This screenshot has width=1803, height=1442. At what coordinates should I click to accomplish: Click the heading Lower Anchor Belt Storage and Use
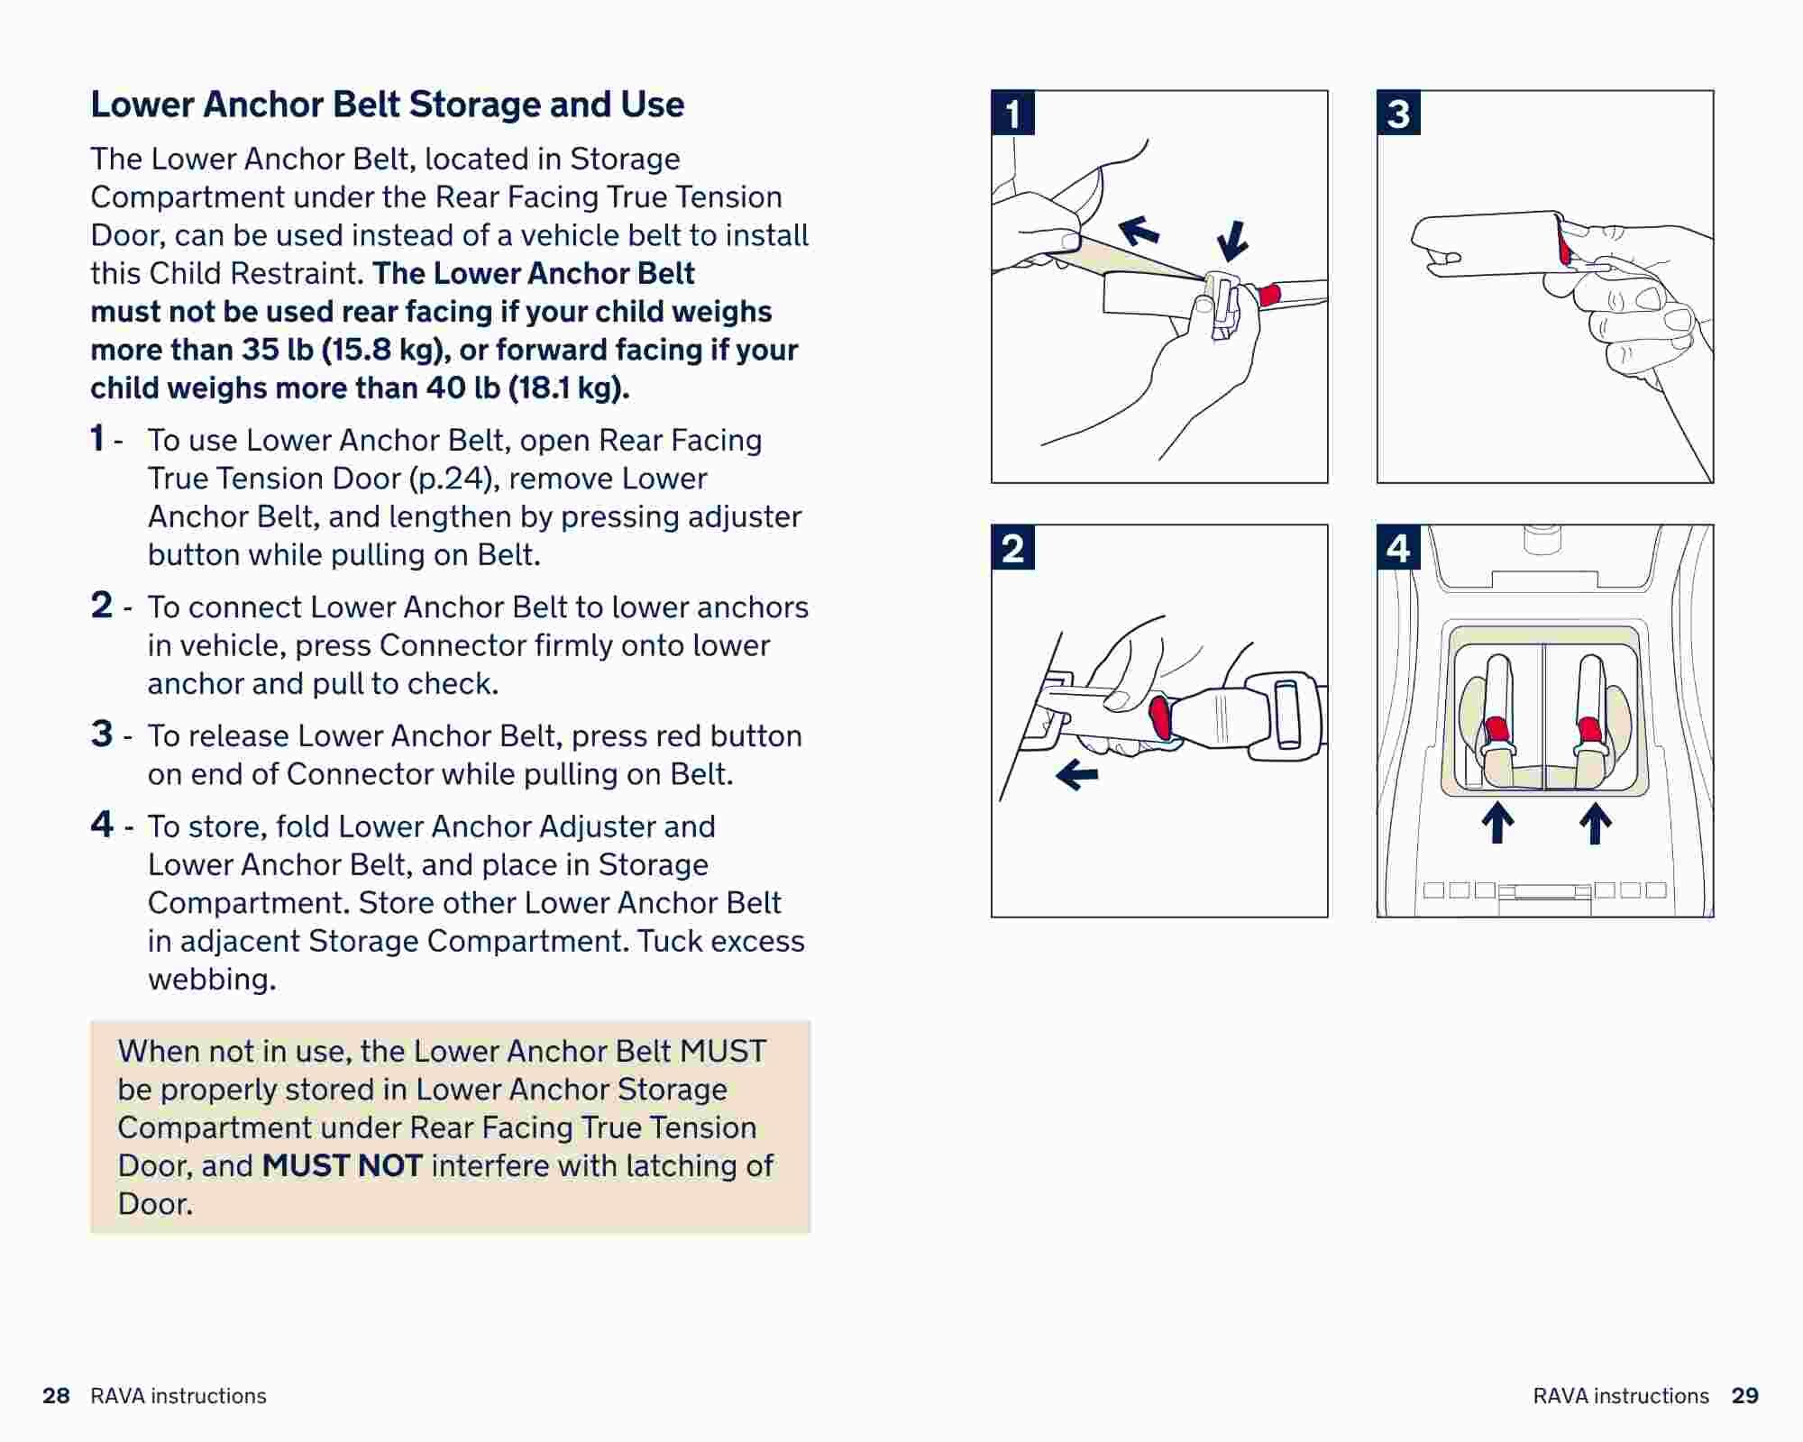(387, 105)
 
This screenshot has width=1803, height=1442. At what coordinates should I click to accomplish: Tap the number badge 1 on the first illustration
(1012, 114)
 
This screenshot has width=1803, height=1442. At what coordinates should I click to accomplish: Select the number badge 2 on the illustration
(1012, 548)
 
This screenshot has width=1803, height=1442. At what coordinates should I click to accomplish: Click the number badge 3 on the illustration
(1398, 114)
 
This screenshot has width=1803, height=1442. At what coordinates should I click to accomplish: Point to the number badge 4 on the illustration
(1398, 548)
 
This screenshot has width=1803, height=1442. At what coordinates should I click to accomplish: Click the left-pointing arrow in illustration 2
(1076, 773)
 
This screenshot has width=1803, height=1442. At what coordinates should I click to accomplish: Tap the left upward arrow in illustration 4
(1497, 823)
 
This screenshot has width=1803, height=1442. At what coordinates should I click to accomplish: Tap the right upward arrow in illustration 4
(1595, 823)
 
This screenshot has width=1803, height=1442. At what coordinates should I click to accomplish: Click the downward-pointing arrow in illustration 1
(1231, 241)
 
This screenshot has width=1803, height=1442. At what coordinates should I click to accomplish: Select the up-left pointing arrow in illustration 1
(1139, 230)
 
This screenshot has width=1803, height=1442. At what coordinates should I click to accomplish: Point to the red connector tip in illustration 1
(1269, 294)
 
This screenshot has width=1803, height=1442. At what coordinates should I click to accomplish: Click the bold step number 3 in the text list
(102, 734)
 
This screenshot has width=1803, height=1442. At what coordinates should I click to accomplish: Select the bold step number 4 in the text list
(102, 824)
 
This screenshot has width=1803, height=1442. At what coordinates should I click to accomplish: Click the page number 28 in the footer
(56, 1396)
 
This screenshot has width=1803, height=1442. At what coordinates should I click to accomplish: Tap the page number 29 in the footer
(1744, 1396)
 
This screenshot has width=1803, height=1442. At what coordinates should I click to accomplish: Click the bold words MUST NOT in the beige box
(342, 1165)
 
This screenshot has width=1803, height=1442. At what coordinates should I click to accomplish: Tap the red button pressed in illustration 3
(1564, 242)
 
